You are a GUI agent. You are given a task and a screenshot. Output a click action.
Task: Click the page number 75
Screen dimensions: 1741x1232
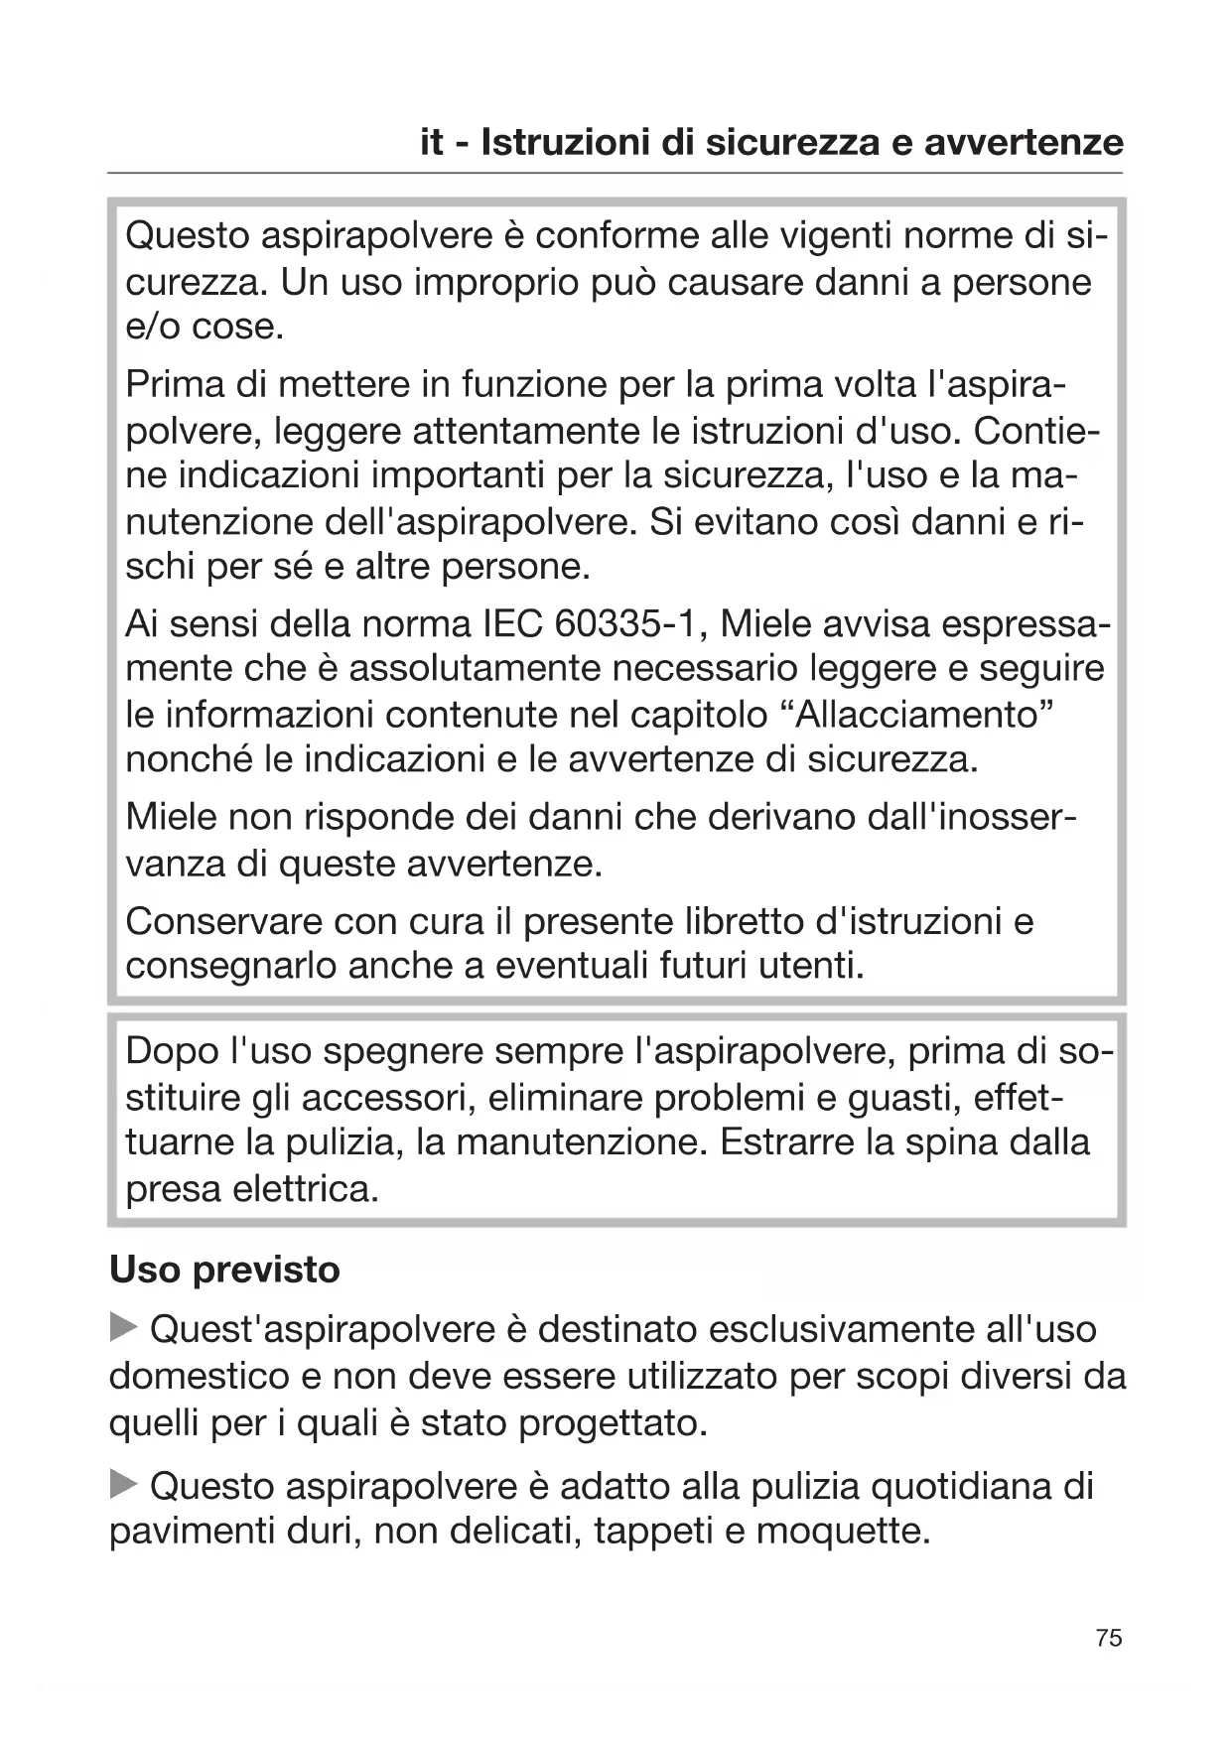click(1109, 1637)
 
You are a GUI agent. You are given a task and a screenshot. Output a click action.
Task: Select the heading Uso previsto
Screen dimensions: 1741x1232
click(224, 1270)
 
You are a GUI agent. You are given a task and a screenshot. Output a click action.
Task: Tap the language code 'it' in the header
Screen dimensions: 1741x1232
click(432, 143)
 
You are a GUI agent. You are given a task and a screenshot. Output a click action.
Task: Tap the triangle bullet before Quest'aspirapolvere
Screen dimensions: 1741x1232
click(123, 1326)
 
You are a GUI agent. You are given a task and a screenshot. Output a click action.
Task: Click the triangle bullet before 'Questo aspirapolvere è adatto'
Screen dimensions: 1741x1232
click(123, 1484)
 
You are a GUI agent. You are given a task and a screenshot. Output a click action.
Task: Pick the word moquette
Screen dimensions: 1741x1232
click(842, 1532)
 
